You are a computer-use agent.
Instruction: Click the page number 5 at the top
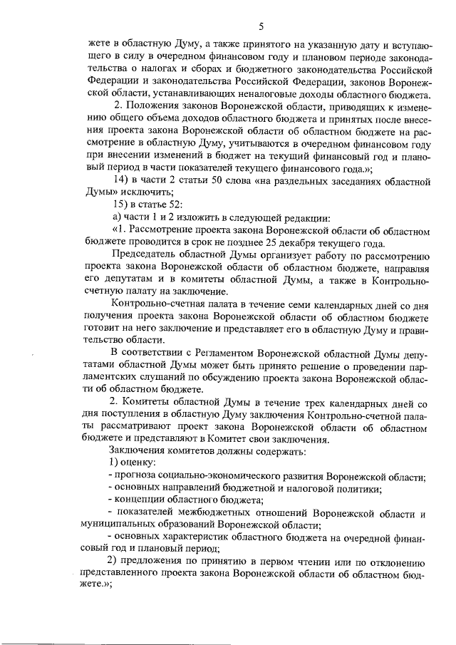coord(261,27)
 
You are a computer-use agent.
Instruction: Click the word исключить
coord(146,192)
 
